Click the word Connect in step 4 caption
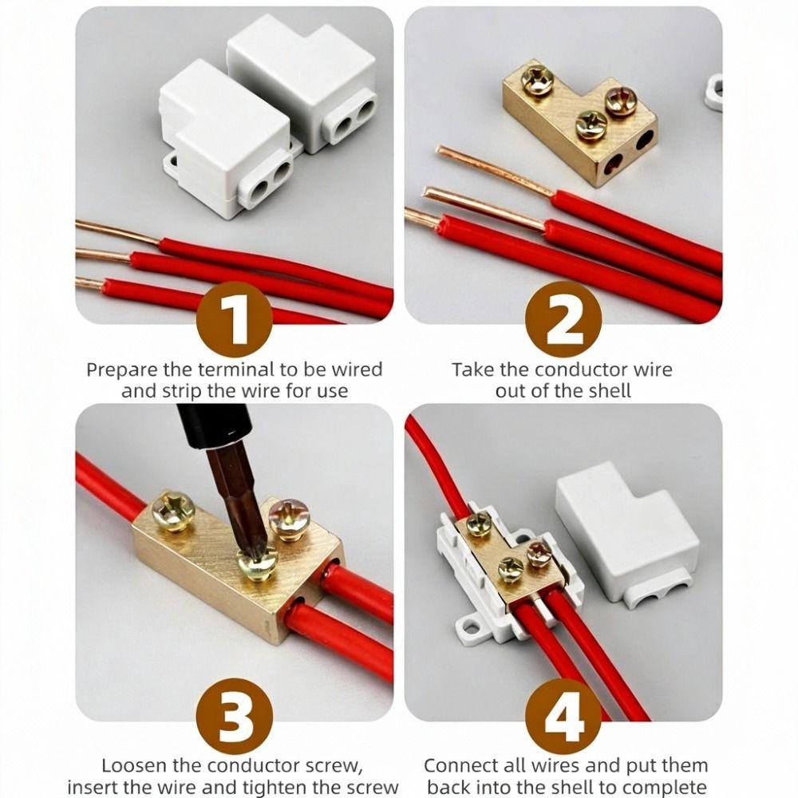click(x=456, y=766)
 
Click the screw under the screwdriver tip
click(x=258, y=564)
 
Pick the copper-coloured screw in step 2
click(x=621, y=101)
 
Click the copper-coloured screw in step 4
click(x=539, y=552)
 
